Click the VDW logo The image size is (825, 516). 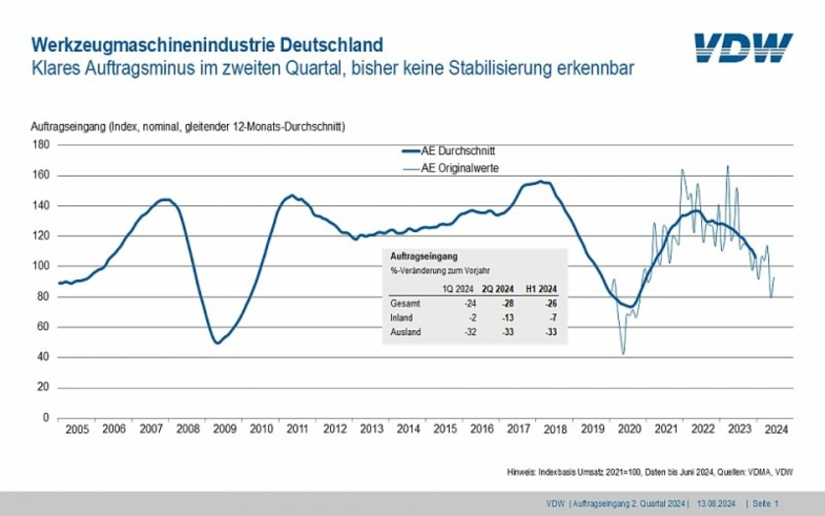pyautogui.click(x=742, y=48)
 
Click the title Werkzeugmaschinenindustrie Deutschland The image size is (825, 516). pyautogui.click(x=207, y=45)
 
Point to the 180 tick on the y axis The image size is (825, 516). pyautogui.click(x=41, y=144)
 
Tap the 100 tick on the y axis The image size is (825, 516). pyautogui.click(x=41, y=266)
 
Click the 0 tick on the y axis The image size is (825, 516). pyautogui.click(x=46, y=418)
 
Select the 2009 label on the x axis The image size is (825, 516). pyautogui.click(x=224, y=430)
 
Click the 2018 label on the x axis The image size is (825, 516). pyautogui.click(x=555, y=430)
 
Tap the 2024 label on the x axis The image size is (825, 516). pyautogui.click(x=776, y=430)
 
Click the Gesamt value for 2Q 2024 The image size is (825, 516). pyautogui.click(x=506, y=304)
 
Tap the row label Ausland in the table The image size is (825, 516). pyautogui.click(x=406, y=333)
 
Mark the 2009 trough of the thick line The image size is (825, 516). pyautogui.click(x=217, y=343)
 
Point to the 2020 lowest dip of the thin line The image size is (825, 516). pyautogui.click(x=623, y=354)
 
